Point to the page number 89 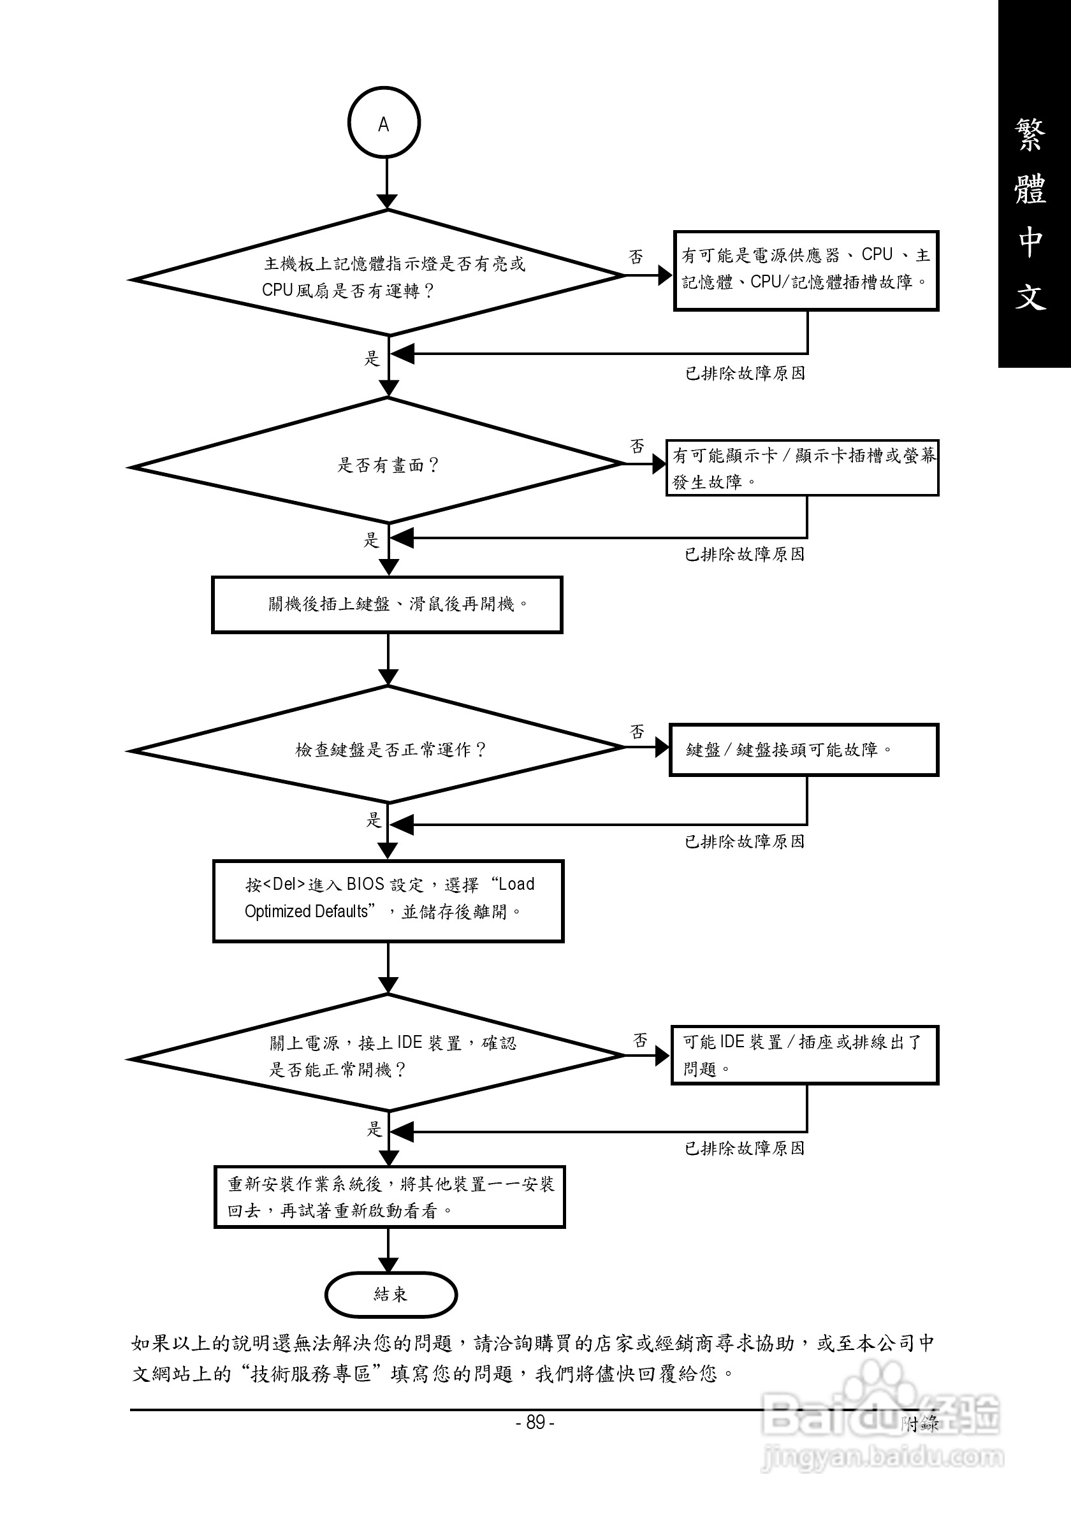tap(535, 1423)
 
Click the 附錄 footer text tap(919, 1424)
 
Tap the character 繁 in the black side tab tap(1031, 134)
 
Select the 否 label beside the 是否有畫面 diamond tap(637, 446)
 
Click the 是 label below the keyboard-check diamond tap(374, 820)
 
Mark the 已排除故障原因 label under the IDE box tap(745, 1149)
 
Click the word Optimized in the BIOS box tap(273, 911)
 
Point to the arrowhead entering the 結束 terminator tap(388, 1264)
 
